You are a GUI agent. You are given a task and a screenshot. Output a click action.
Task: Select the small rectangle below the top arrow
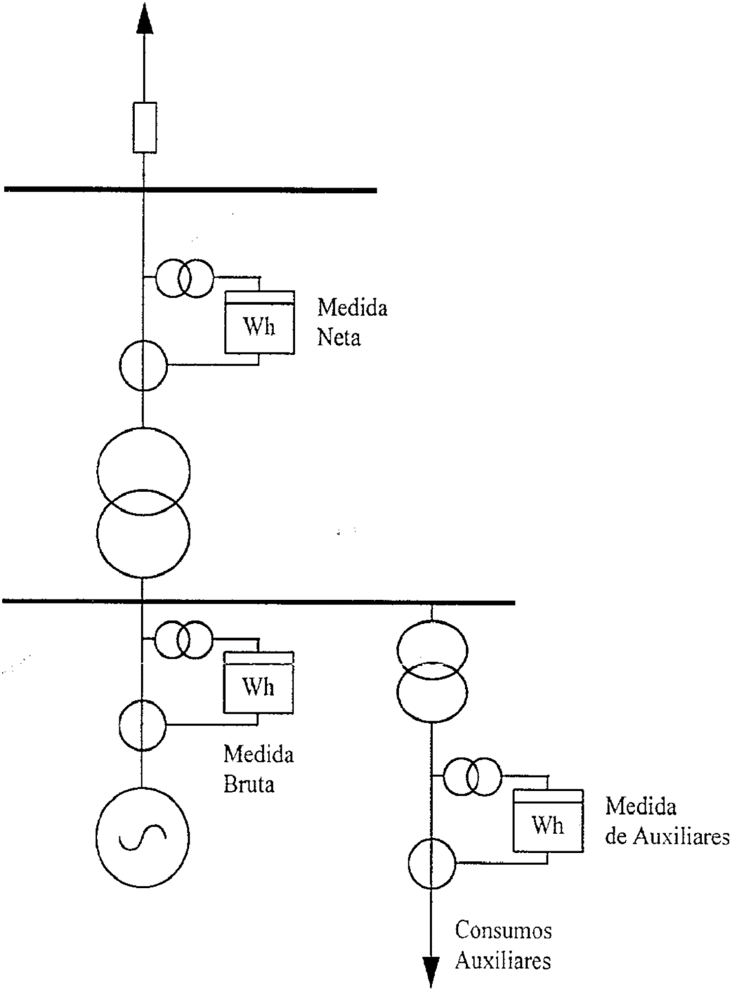point(144,127)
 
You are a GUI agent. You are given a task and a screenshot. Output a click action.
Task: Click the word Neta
point(339,337)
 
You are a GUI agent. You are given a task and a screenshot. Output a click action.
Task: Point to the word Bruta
point(249,784)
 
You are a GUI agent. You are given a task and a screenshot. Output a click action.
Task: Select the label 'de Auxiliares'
point(667,837)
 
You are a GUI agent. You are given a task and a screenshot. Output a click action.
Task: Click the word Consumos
point(503,930)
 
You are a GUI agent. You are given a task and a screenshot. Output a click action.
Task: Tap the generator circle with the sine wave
point(143,835)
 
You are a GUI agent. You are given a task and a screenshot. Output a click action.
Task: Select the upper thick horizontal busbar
point(190,190)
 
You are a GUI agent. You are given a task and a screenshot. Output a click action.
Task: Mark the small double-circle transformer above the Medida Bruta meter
point(183,639)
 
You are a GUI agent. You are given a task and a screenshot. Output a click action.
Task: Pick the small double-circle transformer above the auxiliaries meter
point(473,777)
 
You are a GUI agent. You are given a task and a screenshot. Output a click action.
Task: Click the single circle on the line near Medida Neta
point(143,365)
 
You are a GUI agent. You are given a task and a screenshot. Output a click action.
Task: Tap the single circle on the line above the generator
point(142,724)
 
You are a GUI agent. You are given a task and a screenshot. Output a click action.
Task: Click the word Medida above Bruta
point(259,755)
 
